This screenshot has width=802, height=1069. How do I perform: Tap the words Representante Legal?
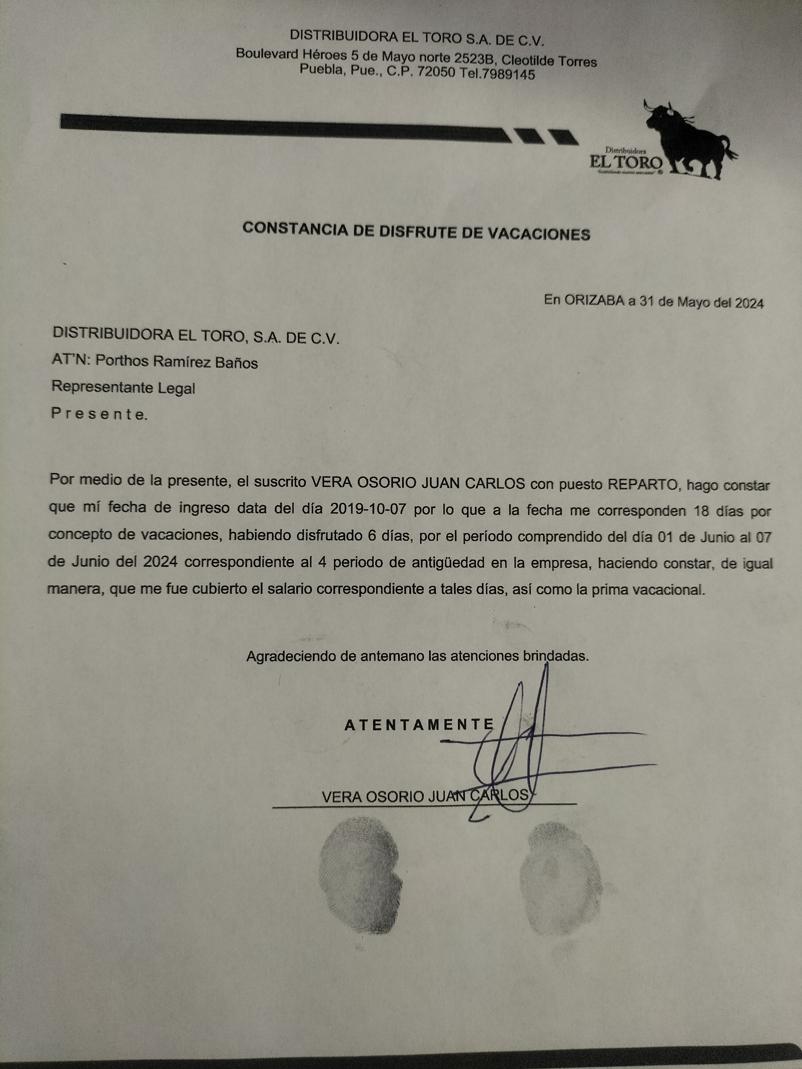(123, 387)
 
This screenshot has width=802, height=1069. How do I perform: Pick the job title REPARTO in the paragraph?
(643, 484)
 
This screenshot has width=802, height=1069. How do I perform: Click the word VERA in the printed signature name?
(341, 796)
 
